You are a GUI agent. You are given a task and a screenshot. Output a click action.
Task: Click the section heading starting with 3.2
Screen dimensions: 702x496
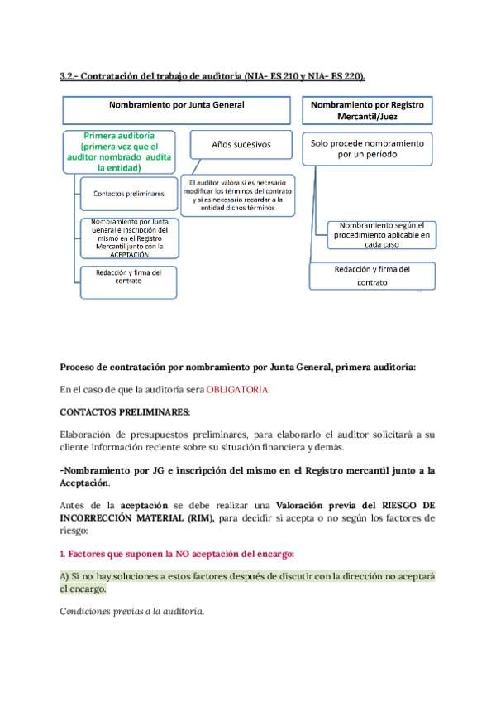coord(212,76)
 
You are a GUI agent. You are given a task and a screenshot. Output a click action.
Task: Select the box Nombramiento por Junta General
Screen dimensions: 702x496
coord(177,109)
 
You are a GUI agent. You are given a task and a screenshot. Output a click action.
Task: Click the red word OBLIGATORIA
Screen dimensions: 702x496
coord(240,389)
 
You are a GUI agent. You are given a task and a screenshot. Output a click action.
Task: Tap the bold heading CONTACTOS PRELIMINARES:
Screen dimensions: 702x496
coord(125,411)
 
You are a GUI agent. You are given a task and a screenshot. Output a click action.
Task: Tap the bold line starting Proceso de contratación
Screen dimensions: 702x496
coord(238,367)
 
